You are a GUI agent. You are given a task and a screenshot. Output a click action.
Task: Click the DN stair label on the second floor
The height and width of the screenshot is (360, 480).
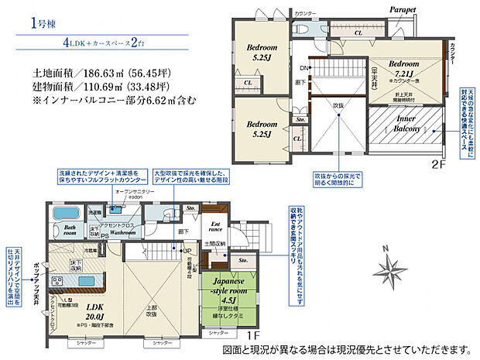tap(306, 68)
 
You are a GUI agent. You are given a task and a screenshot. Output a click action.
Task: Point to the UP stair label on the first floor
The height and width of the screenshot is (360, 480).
tap(187, 251)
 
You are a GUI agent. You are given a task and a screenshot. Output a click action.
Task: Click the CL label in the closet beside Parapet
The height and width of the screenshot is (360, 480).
tap(358, 33)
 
